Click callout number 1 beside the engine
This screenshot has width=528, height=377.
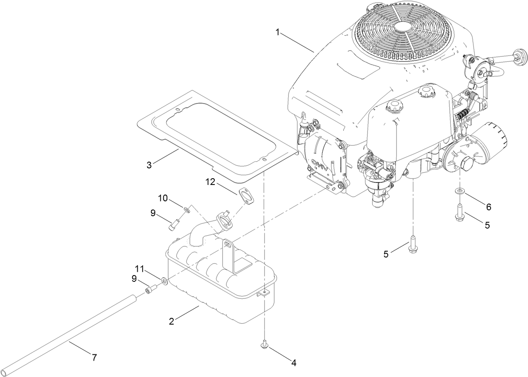pyautogui.click(x=277, y=32)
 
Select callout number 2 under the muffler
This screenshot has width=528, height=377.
pyautogui.click(x=171, y=322)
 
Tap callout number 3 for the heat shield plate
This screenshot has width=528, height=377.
pyautogui.click(x=149, y=165)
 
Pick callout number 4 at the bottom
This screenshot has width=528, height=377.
pyautogui.click(x=294, y=363)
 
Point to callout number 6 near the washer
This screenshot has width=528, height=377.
pyautogui.click(x=488, y=207)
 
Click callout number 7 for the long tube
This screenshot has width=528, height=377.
pyautogui.click(x=94, y=358)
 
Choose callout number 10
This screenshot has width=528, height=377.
pyautogui.click(x=162, y=198)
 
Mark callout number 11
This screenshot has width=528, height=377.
pyautogui.click(x=139, y=268)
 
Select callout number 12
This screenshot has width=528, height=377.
pyautogui.click(x=211, y=182)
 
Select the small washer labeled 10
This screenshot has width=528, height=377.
pyautogui.click(x=186, y=208)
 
